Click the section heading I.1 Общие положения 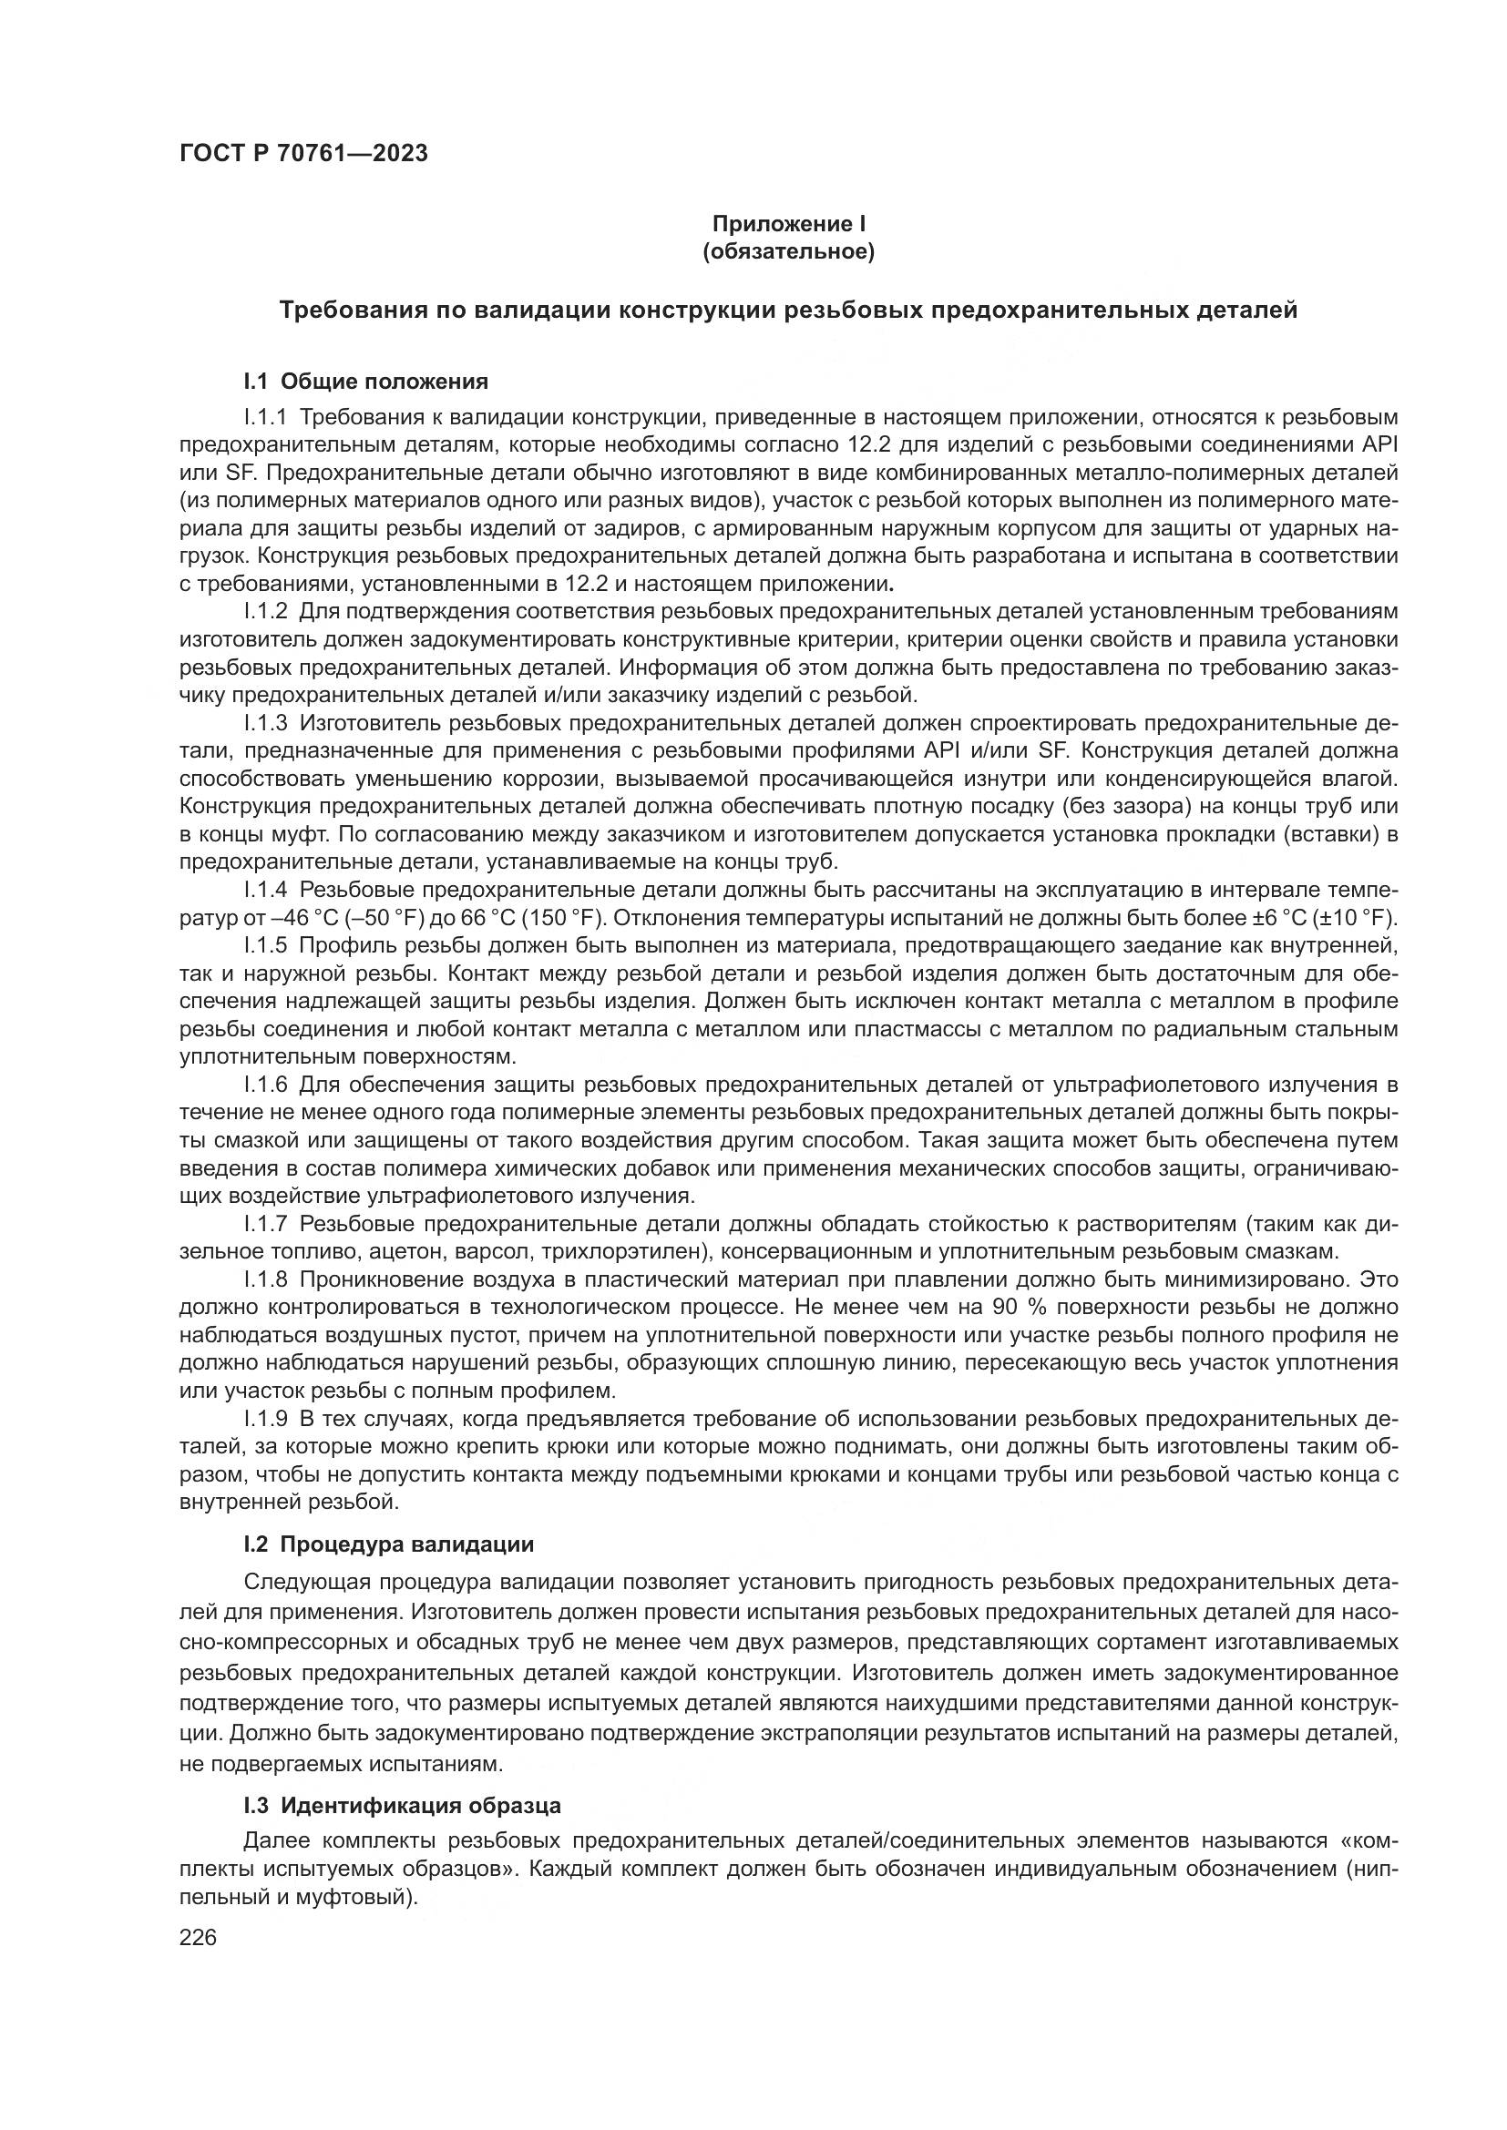tap(365, 382)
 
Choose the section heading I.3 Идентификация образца tap(402, 1805)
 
